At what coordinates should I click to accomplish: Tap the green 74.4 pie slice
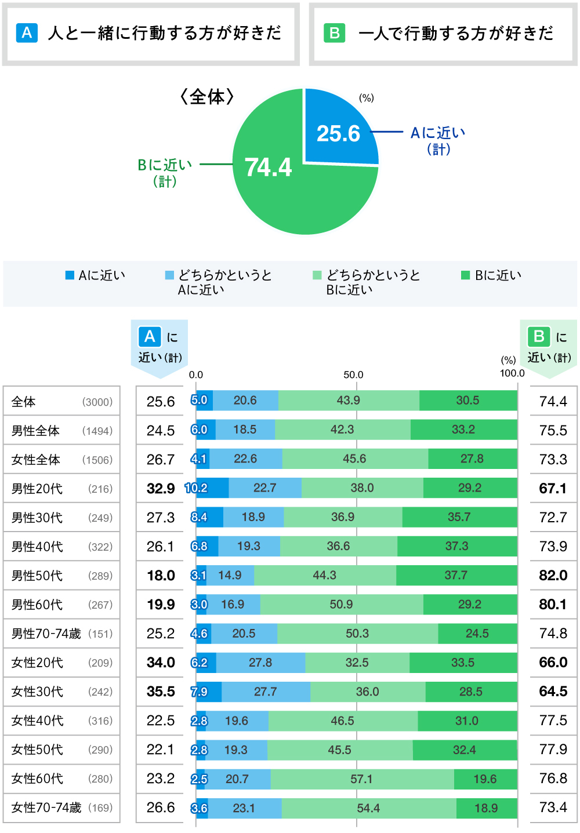tap(273, 180)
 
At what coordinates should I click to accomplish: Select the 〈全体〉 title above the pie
tap(207, 96)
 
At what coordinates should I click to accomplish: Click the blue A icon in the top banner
tap(27, 33)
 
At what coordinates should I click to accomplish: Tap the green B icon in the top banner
tap(334, 33)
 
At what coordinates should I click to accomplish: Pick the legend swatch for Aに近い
tap(70, 275)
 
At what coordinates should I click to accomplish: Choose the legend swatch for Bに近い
tap(465, 275)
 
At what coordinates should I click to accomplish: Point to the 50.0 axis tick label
tap(353, 375)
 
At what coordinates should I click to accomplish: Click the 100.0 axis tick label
tap(512, 373)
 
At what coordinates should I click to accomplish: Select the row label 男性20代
tap(37, 489)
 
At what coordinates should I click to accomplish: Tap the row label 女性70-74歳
tap(46, 807)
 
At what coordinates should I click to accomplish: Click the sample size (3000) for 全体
tap(97, 402)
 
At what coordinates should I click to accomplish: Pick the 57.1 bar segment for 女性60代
tap(362, 779)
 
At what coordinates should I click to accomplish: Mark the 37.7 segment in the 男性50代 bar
tap(456, 575)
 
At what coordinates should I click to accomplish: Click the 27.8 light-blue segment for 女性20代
tap(260, 663)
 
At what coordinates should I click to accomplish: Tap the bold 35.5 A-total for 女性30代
tap(161, 692)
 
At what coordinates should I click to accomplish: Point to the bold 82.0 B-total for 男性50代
tap(553, 575)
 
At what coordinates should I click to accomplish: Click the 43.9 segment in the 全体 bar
tap(349, 401)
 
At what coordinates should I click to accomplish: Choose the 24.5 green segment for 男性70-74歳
tap(477, 634)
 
